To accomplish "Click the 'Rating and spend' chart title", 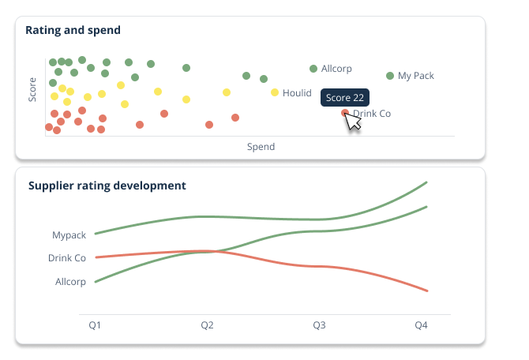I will [73, 31].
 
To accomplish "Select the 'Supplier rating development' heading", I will [107, 186].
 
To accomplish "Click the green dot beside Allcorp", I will [313, 69].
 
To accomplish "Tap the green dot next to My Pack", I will [390, 76].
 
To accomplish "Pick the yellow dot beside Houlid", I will [275, 92].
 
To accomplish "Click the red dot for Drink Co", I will [345, 113].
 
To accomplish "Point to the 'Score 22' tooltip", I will [345, 98].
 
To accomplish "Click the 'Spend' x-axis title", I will [261, 147].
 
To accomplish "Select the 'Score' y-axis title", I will [32, 89].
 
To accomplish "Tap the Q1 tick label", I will [95, 325].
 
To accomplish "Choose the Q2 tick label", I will [207, 325].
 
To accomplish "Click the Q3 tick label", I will [319, 325].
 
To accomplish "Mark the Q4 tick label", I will [422, 325].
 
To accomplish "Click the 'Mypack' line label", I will [69, 235].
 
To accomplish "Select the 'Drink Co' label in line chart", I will [67, 258].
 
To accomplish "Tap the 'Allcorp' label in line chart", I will [70, 282].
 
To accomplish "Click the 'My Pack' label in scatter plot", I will [416, 76].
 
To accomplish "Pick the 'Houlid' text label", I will [297, 93].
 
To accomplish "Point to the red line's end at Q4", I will [426, 291].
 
